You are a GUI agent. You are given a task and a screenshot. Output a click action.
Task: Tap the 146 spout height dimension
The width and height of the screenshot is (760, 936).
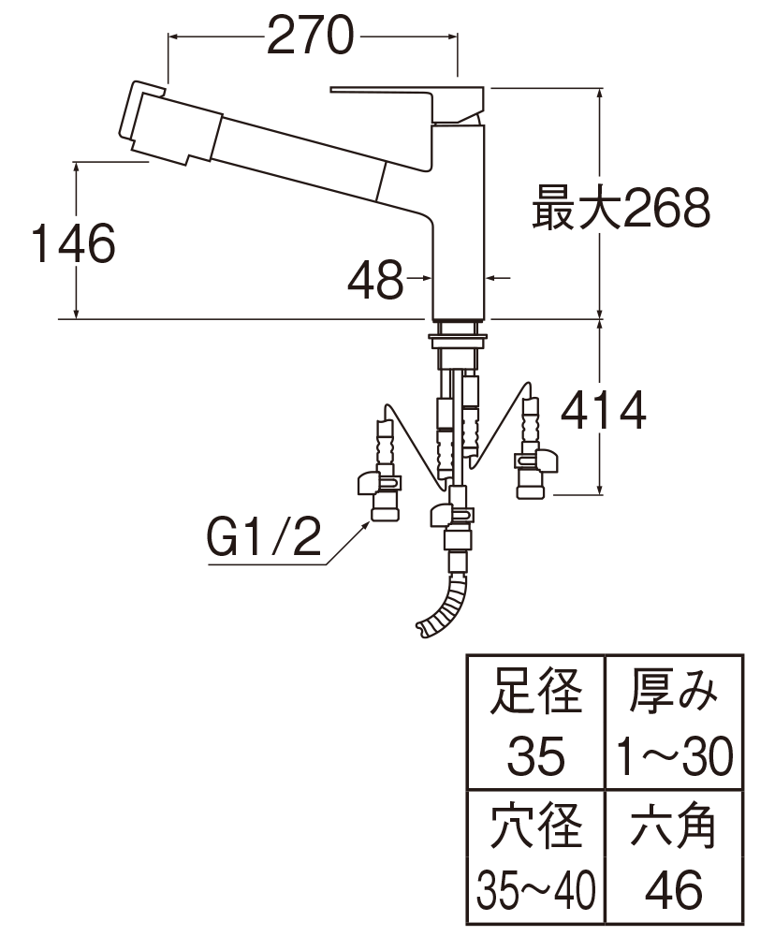73,243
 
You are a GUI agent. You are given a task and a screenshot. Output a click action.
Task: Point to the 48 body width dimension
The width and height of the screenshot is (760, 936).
375,279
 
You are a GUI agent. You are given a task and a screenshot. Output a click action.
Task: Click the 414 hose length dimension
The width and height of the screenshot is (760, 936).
603,410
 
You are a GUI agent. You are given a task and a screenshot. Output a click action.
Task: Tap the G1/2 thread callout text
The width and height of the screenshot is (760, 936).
264,536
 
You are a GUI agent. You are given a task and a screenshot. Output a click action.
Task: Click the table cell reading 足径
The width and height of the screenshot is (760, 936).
535,692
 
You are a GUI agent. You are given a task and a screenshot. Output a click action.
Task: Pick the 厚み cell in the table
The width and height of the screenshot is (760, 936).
674,692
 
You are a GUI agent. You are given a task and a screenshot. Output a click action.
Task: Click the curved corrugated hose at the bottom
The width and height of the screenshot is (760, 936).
443,606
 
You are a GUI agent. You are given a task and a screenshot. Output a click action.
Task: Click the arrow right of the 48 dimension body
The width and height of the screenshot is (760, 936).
499,278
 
